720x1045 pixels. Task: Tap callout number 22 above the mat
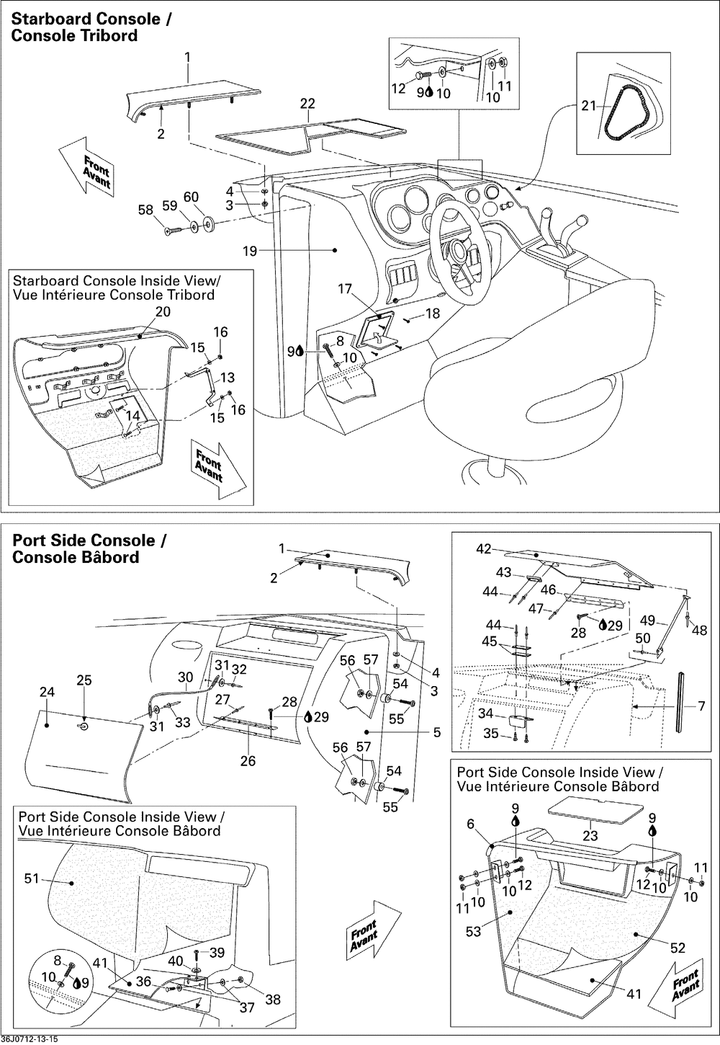307,104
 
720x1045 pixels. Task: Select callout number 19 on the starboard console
249,251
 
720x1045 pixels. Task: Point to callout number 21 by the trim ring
590,107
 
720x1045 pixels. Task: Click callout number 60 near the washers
191,197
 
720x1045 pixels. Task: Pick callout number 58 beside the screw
146,210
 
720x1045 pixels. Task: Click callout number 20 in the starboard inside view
163,311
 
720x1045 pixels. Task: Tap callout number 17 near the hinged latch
345,289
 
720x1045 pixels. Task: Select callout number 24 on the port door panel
47,693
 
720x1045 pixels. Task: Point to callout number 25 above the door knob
84,680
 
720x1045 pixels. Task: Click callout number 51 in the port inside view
32,879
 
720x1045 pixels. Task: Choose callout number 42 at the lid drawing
483,549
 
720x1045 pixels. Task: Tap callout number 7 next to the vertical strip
701,706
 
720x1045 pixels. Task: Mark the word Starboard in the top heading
55,19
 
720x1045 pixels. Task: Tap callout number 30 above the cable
186,677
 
